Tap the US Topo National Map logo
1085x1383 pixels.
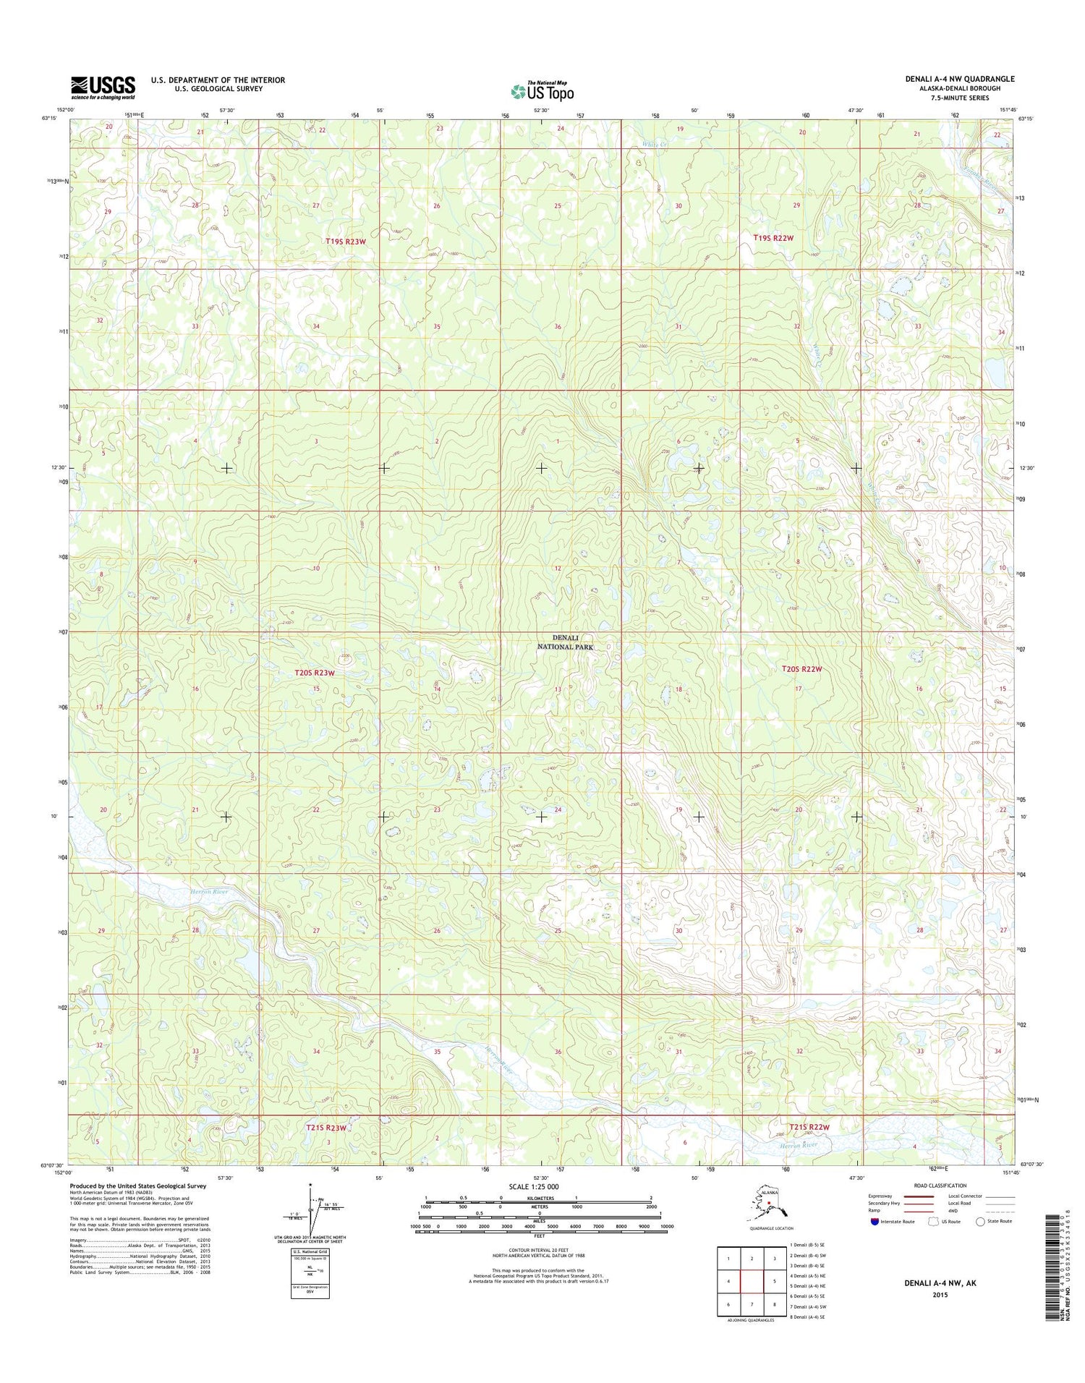pos(542,91)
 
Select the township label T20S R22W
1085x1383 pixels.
pos(801,669)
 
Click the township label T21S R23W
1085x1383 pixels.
pos(327,1127)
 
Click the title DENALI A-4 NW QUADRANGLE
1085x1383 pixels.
pos(959,79)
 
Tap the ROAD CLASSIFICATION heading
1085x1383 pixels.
pos(940,1186)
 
